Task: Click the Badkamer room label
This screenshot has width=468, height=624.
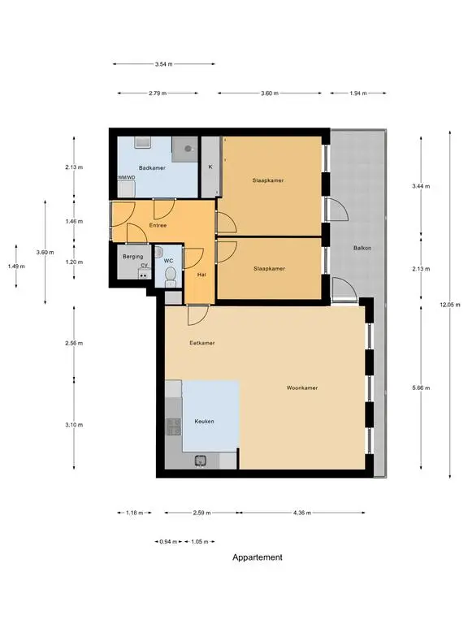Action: point(152,168)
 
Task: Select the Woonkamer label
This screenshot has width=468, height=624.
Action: point(302,388)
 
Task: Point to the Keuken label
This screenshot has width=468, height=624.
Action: point(204,421)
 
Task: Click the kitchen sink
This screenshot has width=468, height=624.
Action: point(200,461)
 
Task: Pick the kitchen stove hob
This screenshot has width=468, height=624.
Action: point(174,427)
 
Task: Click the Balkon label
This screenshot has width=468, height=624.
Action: point(362,248)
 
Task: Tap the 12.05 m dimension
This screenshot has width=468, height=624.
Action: point(449,305)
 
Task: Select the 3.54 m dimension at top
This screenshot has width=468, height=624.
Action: point(163,63)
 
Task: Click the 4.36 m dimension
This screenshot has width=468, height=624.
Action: point(302,513)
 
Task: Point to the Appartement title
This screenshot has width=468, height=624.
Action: point(257,557)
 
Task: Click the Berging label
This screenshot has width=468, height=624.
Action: point(133,256)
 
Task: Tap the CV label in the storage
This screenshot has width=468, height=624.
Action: point(144,266)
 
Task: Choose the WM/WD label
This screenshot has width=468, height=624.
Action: point(126,177)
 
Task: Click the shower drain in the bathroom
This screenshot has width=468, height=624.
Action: point(188,149)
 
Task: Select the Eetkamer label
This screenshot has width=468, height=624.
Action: point(202,343)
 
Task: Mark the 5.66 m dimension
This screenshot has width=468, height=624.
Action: point(421,388)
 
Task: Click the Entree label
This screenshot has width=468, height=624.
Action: point(158,225)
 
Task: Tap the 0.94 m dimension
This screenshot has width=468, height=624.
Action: point(168,542)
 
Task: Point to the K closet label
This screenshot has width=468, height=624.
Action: point(210,167)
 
